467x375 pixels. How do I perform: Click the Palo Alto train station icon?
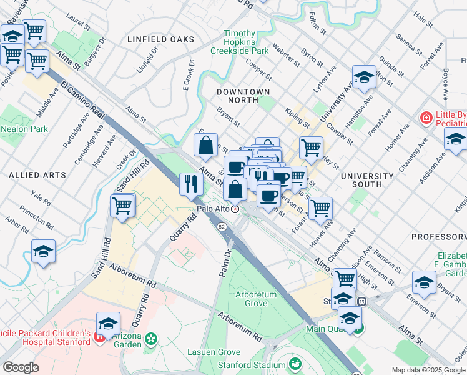(x=235, y=209)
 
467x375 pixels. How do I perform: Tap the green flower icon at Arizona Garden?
(x=150, y=339)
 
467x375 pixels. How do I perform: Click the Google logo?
(x=21, y=367)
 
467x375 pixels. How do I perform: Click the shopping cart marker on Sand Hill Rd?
(x=123, y=206)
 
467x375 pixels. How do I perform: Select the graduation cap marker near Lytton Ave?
(x=363, y=77)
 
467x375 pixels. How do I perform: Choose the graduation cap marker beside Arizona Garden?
(x=108, y=323)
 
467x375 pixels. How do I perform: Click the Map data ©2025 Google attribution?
(x=428, y=370)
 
